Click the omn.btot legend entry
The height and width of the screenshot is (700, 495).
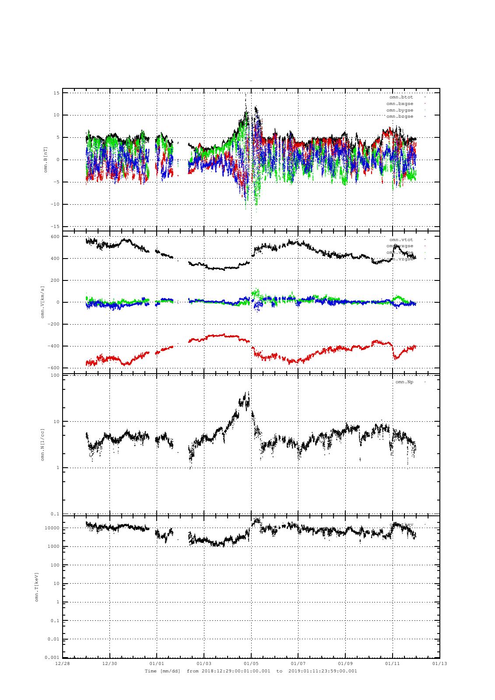pyautogui.click(x=401, y=97)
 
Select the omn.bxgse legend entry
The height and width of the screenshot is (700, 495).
pyautogui.click(x=400, y=104)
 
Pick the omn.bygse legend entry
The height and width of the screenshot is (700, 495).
pyautogui.click(x=400, y=110)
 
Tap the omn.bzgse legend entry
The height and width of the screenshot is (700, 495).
pyautogui.click(x=400, y=116)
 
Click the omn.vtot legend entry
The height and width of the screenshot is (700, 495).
pyautogui.click(x=401, y=240)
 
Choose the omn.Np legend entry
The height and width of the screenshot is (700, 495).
pyautogui.click(x=404, y=382)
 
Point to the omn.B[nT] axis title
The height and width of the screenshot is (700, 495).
pyautogui.click(x=46, y=160)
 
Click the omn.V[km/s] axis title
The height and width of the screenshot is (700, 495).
pyautogui.click(x=43, y=302)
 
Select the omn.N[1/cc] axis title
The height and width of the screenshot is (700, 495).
pyautogui.click(x=43, y=444)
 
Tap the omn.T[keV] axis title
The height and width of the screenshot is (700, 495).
pyautogui.click(x=37, y=586)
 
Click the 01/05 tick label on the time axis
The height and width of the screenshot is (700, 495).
pyautogui.click(x=251, y=663)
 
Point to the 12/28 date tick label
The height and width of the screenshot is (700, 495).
pyautogui.click(x=62, y=663)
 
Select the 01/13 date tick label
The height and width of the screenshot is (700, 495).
pyautogui.click(x=439, y=663)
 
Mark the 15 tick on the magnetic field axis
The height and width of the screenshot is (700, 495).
pyautogui.click(x=56, y=93)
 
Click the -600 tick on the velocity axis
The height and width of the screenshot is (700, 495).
pyautogui.click(x=53, y=368)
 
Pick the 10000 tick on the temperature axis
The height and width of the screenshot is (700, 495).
pyautogui.click(x=52, y=528)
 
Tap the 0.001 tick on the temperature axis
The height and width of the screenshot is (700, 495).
pyautogui.click(x=52, y=658)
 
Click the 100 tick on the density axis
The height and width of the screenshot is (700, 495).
pyautogui.click(x=55, y=375)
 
